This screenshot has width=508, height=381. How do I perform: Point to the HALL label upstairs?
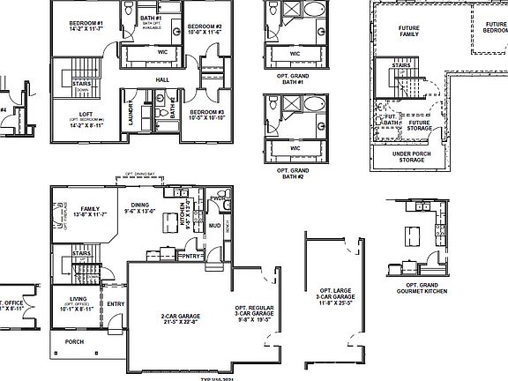(x=162, y=79)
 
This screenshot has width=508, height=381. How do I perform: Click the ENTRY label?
(x=116, y=304)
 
